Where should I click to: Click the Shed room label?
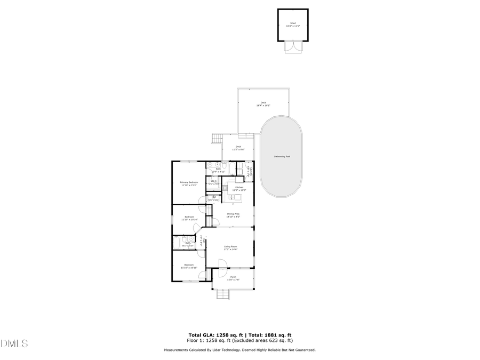pos(293,23)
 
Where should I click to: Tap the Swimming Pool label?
pos(282,156)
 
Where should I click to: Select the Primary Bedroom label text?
pos(189,182)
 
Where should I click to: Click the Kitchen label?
pos(239,187)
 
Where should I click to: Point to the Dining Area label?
pos(233,214)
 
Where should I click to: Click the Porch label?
pos(233,277)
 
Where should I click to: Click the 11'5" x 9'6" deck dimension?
pos(238,150)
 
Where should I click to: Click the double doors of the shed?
pos(293,47)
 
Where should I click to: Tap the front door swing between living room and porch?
pos(222,263)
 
